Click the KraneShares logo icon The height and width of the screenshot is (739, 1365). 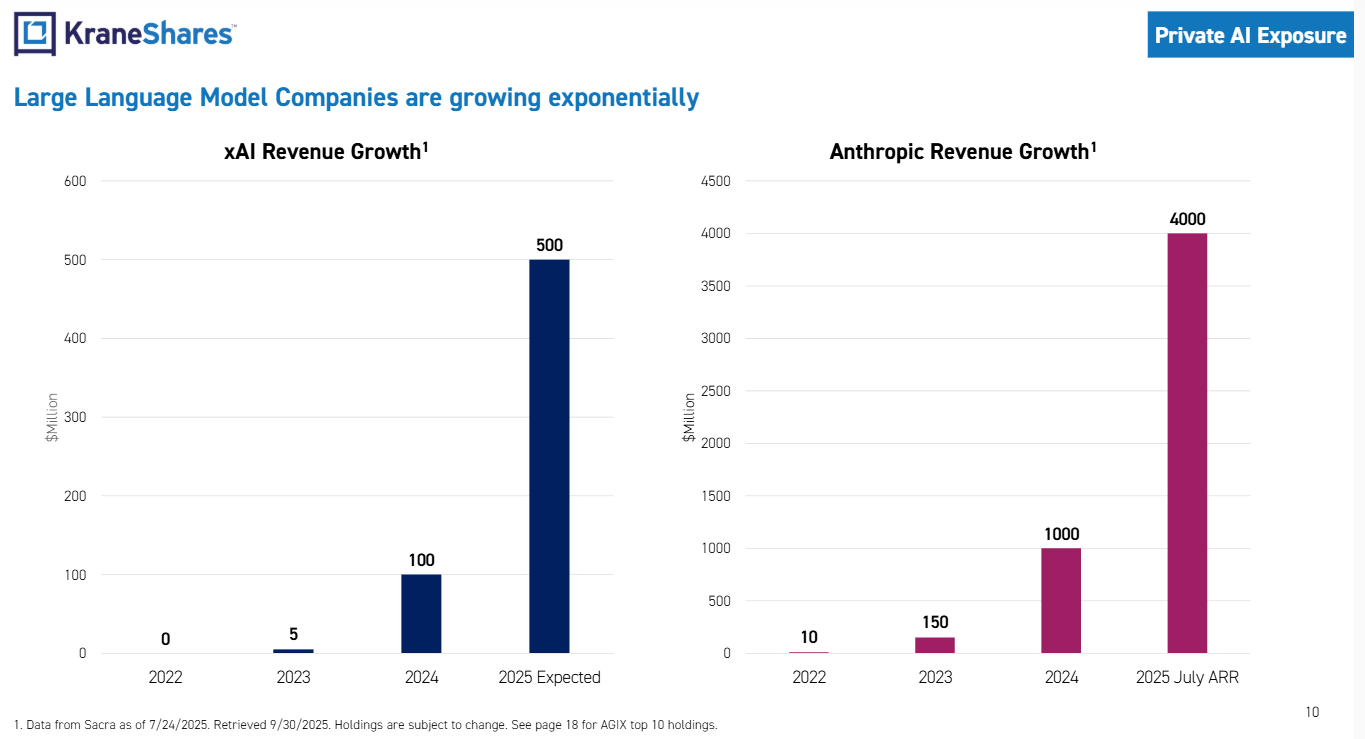(x=35, y=34)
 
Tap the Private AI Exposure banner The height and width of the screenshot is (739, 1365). (x=1250, y=35)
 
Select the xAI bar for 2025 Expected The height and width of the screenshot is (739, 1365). (x=549, y=456)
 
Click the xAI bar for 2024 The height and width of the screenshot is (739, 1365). (x=421, y=613)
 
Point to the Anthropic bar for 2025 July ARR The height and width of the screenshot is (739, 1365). (x=1187, y=443)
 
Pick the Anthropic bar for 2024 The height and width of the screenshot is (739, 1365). (x=1061, y=600)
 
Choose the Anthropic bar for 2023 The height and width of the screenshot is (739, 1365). (x=935, y=645)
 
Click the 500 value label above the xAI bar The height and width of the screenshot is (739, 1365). (x=549, y=245)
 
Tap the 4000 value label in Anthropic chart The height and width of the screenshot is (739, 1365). (x=1187, y=219)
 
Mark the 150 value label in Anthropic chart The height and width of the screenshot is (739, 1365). (x=935, y=622)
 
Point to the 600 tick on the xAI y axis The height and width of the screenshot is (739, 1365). (x=76, y=181)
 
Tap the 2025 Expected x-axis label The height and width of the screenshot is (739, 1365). (x=549, y=677)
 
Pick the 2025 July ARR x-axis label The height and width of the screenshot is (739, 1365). (x=1187, y=677)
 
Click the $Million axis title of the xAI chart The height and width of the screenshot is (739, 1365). (x=51, y=417)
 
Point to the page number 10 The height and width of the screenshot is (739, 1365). (x=1312, y=712)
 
